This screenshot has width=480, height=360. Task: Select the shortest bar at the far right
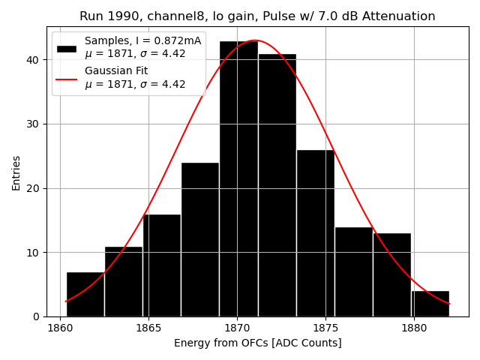(430, 304)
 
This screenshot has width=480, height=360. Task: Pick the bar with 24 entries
(200, 240)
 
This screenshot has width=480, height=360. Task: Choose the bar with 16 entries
(162, 265)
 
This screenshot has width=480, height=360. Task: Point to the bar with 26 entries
(315, 233)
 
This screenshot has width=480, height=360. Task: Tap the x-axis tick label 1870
(237, 328)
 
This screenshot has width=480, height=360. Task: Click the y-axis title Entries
(16, 172)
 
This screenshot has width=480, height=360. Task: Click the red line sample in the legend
(67, 77)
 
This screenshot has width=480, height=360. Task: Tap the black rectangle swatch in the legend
(67, 48)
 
